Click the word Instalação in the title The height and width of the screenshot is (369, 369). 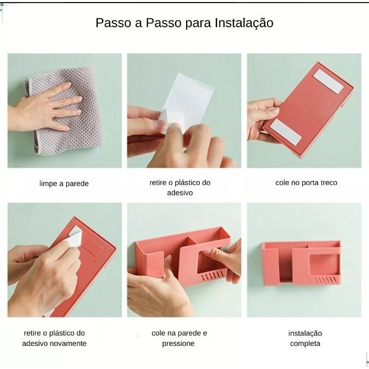244,23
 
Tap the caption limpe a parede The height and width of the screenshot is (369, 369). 64,183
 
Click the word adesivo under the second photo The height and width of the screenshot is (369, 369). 180,193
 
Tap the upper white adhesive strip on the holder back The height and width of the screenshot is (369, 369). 329,81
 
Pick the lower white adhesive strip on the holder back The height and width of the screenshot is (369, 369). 285,132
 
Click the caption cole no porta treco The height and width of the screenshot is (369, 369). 306,183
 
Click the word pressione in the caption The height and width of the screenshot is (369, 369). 178,343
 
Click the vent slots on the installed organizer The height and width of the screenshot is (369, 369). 326,280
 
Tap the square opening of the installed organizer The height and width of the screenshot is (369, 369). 324,264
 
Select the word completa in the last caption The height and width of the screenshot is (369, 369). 305,343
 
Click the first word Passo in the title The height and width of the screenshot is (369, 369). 113,23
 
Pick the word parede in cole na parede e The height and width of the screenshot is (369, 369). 189,333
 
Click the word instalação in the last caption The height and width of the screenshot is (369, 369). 305,334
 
